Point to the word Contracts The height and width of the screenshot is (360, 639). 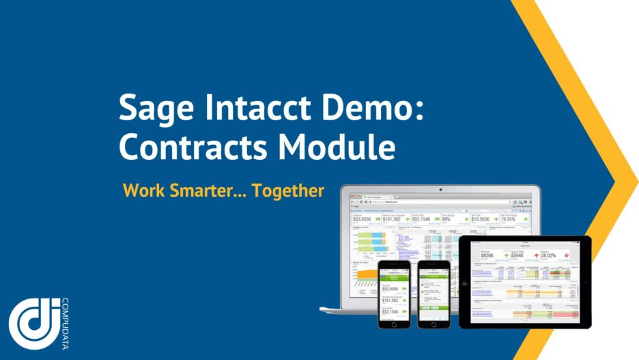tap(197, 147)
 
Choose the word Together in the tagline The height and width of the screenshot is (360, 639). tap(288, 191)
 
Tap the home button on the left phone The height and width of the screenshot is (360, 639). tap(395, 322)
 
